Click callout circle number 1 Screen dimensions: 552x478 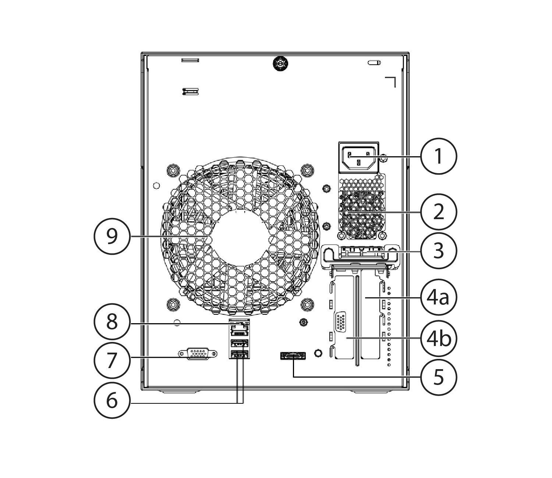[x=439, y=156]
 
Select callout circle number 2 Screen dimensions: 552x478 [x=439, y=212]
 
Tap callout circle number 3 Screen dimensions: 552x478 [x=439, y=251]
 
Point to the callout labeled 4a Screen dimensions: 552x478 [x=439, y=297]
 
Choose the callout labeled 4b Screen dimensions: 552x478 [x=439, y=338]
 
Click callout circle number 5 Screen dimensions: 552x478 [x=439, y=377]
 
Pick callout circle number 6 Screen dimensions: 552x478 [x=112, y=400]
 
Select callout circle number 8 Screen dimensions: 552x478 [x=112, y=322]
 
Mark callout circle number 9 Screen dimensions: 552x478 [x=112, y=236]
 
